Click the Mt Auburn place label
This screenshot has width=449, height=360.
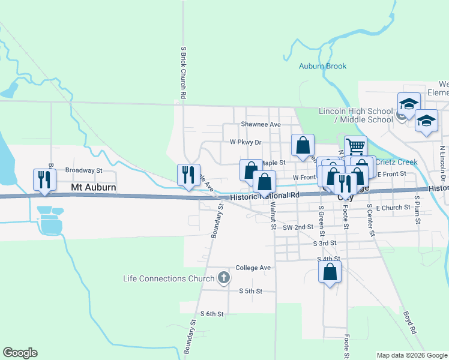(93, 187)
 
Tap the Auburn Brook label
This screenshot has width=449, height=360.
(323, 66)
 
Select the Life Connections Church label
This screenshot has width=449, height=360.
(168, 278)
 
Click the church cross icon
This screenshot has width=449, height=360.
(224, 278)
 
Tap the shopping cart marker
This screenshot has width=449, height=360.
(355, 146)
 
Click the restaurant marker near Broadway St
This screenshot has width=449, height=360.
(45, 179)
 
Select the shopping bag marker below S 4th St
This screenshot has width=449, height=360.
(330, 273)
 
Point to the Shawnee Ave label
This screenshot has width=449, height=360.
(261, 124)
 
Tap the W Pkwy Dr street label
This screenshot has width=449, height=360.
(246, 142)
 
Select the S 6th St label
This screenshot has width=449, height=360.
(212, 314)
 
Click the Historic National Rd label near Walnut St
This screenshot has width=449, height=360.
(264, 196)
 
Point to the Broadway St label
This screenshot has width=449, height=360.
(84, 170)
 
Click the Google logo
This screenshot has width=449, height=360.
(20, 353)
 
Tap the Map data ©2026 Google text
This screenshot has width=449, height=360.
(411, 355)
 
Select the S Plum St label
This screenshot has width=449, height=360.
(417, 209)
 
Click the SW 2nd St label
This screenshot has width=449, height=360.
(298, 227)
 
